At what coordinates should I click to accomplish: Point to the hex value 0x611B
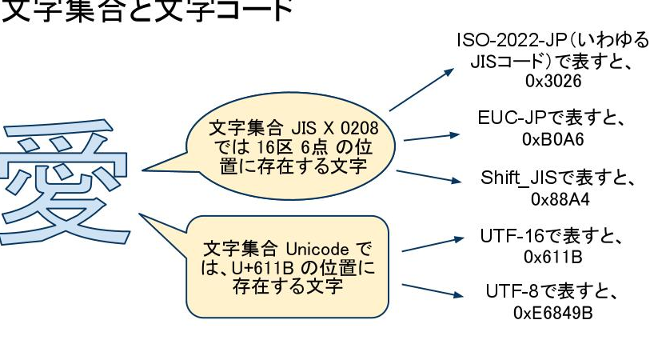pos(552,257)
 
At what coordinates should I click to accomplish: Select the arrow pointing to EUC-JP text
pos(433,136)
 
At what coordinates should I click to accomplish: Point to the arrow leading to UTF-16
pos(432,244)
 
